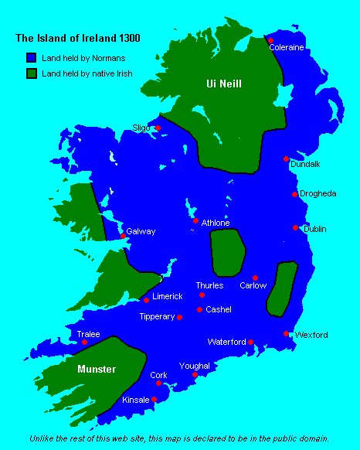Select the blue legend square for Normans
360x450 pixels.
click(x=32, y=57)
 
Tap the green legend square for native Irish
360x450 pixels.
click(x=32, y=73)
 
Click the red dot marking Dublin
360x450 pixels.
click(x=295, y=227)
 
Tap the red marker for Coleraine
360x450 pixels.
click(x=270, y=40)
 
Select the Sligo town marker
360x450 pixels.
click(x=158, y=128)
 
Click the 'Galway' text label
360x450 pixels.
click(x=142, y=231)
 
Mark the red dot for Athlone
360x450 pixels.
click(x=195, y=220)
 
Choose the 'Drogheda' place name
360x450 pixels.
click(x=318, y=193)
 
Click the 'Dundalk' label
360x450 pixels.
click(x=305, y=164)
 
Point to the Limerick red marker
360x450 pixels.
click(x=146, y=300)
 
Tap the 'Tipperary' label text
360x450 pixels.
click(x=157, y=316)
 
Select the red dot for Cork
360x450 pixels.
click(x=158, y=383)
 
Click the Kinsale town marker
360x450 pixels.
click(x=155, y=399)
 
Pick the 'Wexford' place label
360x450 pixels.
click(x=311, y=335)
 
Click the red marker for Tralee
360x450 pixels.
click(x=85, y=342)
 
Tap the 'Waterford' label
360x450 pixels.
click(x=226, y=341)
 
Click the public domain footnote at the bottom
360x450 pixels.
click(x=179, y=438)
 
